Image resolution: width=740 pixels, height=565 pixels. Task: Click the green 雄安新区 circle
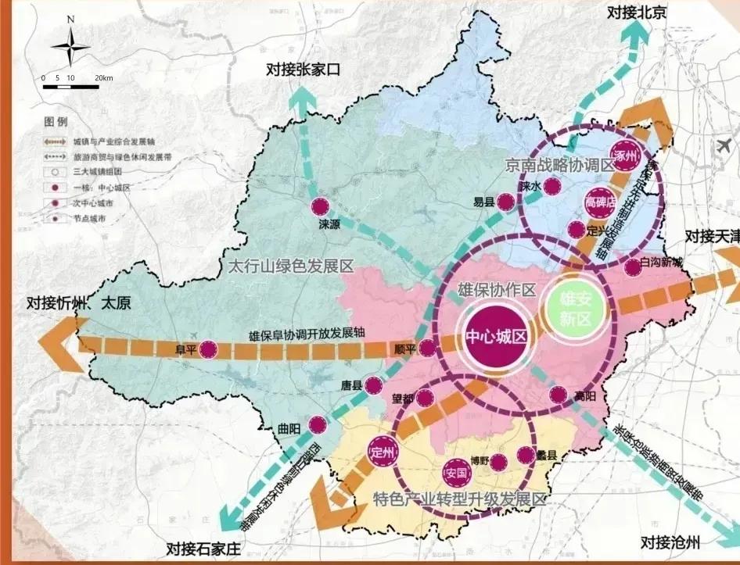[578, 306]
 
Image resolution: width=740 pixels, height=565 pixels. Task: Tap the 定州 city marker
[383, 452]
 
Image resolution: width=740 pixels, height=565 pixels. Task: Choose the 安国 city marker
[457, 473]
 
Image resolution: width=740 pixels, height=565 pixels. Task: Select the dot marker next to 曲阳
[317, 426]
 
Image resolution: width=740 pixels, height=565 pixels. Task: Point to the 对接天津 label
[711, 235]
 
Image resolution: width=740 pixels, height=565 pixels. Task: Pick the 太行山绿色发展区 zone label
[290, 266]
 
